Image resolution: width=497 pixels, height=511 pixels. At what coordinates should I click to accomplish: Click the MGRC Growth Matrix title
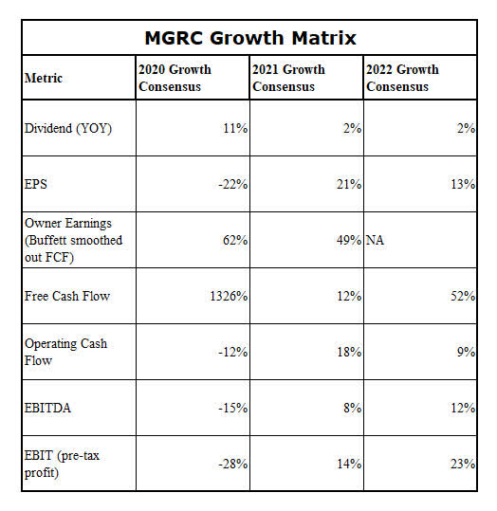tap(249, 38)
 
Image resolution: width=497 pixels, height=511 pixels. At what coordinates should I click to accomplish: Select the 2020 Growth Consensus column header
tap(175, 78)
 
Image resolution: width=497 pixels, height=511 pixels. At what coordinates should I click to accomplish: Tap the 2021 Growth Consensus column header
tap(287, 78)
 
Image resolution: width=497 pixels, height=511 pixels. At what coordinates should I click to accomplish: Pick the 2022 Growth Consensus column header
tap(402, 78)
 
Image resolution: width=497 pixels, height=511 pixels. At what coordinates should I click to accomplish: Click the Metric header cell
tap(44, 78)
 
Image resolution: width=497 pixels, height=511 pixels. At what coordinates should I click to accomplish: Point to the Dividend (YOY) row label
tap(67, 128)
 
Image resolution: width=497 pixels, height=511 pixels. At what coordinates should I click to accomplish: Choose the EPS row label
tap(36, 184)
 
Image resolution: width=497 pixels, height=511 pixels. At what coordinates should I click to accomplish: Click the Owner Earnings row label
tap(74, 240)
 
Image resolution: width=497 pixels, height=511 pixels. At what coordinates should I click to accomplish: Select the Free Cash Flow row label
tap(67, 296)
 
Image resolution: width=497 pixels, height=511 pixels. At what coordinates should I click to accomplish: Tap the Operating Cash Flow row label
tap(65, 352)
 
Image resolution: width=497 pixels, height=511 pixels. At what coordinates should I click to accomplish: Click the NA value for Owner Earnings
tap(377, 240)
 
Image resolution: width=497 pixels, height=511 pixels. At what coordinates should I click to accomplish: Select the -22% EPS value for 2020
tap(233, 184)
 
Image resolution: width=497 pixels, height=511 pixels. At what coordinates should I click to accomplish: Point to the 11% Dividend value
tap(236, 128)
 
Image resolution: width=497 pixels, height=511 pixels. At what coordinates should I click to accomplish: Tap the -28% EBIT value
tap(233, 464)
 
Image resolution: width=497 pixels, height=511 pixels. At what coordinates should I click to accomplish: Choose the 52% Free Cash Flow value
tap(463, 296)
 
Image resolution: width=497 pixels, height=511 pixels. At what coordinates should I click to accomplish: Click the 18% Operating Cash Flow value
tap(349, 352)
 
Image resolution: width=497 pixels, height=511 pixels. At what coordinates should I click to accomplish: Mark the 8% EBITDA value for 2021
tap(353, 408)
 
